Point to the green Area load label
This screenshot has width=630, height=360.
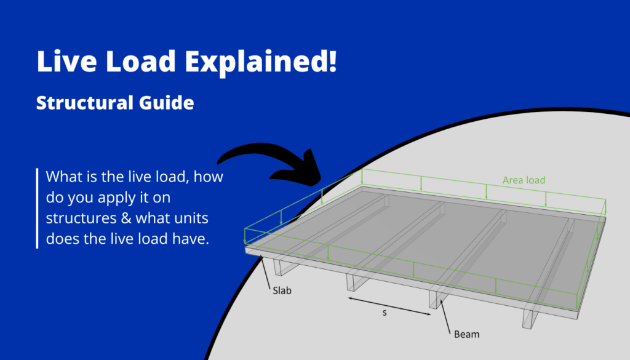pos(524,180)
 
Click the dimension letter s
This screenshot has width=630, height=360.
pos(385,314)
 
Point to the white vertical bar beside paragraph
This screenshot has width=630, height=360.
pos(38,207)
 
